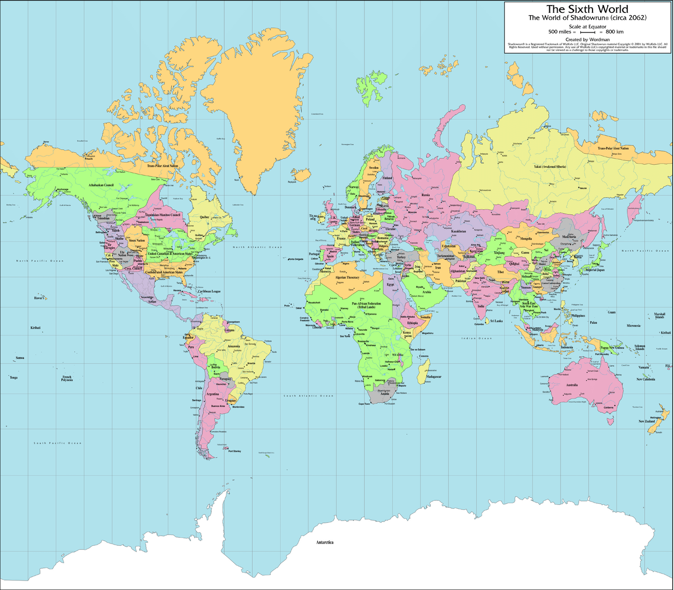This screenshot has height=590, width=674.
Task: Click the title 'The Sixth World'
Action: [x=588, y=9]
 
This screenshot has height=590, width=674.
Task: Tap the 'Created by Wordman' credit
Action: [x=588, y=39]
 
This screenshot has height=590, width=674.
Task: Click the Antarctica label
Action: [x=325, y=542]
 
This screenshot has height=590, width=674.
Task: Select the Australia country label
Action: [x=572, y=385]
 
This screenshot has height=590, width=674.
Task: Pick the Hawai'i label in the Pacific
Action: [x=39, y=298]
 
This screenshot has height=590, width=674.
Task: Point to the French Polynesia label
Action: [x=67, y=378]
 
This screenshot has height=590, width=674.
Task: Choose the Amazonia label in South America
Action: [x=234, y=347]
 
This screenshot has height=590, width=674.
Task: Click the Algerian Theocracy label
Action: [x=347, y=278]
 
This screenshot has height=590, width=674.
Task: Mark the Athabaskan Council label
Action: [x=101, y=185]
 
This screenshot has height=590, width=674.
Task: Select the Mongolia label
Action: [x=526, y=238]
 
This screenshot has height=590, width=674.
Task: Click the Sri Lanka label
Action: [x=496, y=321]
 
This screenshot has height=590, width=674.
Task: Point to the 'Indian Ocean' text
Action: [x=476, y=338]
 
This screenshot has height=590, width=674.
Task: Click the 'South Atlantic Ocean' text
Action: [x=308, y=395]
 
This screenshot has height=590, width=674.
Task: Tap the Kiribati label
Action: [x=35, y=327]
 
